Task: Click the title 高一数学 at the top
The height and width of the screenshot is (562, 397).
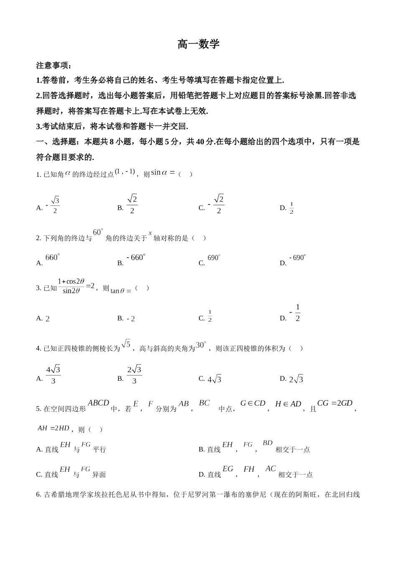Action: click(x=198, y=44)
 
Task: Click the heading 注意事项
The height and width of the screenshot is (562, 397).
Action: click(x=53, y=66)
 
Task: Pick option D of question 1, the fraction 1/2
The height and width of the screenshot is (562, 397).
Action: click(x=291, y=208)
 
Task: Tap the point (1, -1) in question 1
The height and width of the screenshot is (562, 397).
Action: click(x=125, y=171)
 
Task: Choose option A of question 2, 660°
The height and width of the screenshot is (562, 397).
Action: click(x=52, y=258)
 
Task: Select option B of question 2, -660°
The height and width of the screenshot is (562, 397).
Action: click(x=136, y=258)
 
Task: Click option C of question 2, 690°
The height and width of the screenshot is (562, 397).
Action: click(x=214, y=258)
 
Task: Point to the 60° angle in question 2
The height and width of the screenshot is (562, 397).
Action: click(x=98, y=232)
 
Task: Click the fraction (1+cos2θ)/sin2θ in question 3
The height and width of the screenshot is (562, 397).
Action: click(x=71, y=286)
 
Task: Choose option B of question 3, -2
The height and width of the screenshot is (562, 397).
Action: click(x=131, y=319)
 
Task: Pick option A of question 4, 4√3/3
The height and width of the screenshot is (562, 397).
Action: click(x=53, y=375)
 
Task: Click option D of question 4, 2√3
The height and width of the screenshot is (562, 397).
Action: click(x=296, y=379)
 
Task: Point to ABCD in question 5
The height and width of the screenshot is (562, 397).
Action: click(x=98, y=403)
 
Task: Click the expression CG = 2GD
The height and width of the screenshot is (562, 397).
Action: click(x=335, y=403)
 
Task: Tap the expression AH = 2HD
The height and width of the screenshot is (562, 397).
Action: click(x=53, y=428)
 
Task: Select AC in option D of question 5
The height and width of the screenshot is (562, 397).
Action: click(x=270, y=469)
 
